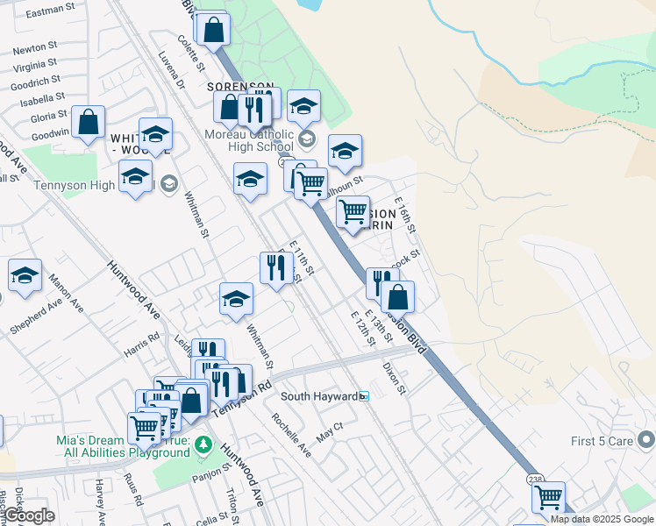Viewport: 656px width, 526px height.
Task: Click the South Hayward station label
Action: point(318,396)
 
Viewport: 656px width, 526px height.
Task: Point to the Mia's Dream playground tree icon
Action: point(203,445)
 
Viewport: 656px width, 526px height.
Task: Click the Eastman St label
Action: point(50,14)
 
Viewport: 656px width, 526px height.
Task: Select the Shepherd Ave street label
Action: point(36,315)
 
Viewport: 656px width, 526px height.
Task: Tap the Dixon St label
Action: point(395,379)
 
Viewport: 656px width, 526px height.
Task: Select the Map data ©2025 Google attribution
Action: point(602,519)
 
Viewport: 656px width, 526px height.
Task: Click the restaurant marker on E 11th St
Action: point(276,268)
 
